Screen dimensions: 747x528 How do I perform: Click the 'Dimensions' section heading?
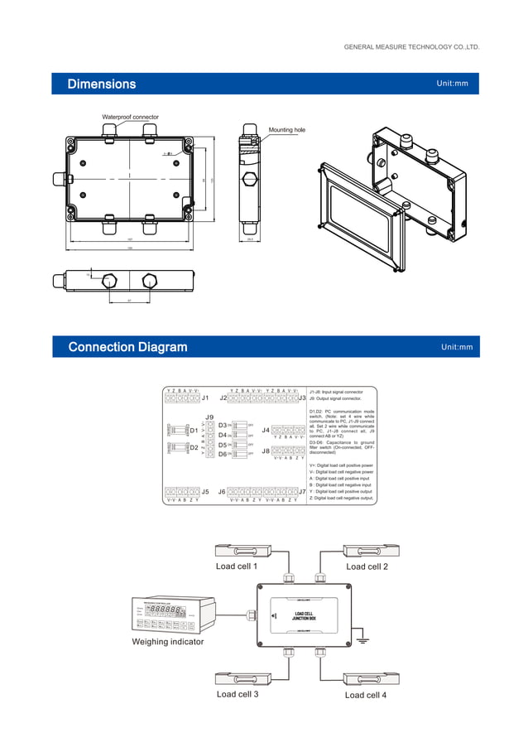pyautogui.click(x=102, y=84)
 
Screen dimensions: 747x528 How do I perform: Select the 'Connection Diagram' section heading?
pyautogui.click(x=127, y=347)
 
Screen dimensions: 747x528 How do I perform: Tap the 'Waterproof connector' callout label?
pyautogui.click(x=130, y=118)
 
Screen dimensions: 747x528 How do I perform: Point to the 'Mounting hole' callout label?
pyautogui.click(x=286, y=130)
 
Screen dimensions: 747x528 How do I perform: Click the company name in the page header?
pyautogui.click(x=411, y=47)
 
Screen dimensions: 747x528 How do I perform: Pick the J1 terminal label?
pyautogui.click(x=205, y=398)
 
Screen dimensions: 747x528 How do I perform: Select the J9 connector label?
pyautogui.click(x=209, y=417)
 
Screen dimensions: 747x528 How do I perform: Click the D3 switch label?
pyautogui.click(x=223, y=425)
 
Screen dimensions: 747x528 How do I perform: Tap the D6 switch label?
pyautogui.click(x=223, y=454)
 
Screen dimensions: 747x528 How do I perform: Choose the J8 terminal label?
pyautogui.click(x=266, y=451)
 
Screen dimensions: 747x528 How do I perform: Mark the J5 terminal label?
pyautogui.click(x=205, y=491)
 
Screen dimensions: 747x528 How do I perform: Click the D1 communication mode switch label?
pyautogui.click(x=194, y=431)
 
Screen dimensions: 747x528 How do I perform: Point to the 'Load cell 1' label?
pyautogui.click(x=237, y=566)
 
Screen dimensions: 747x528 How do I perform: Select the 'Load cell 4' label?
pyautogui.click(x=366, y=695)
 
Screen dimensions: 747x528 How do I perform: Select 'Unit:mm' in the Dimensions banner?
pyautogui.click(x=452, y=84)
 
